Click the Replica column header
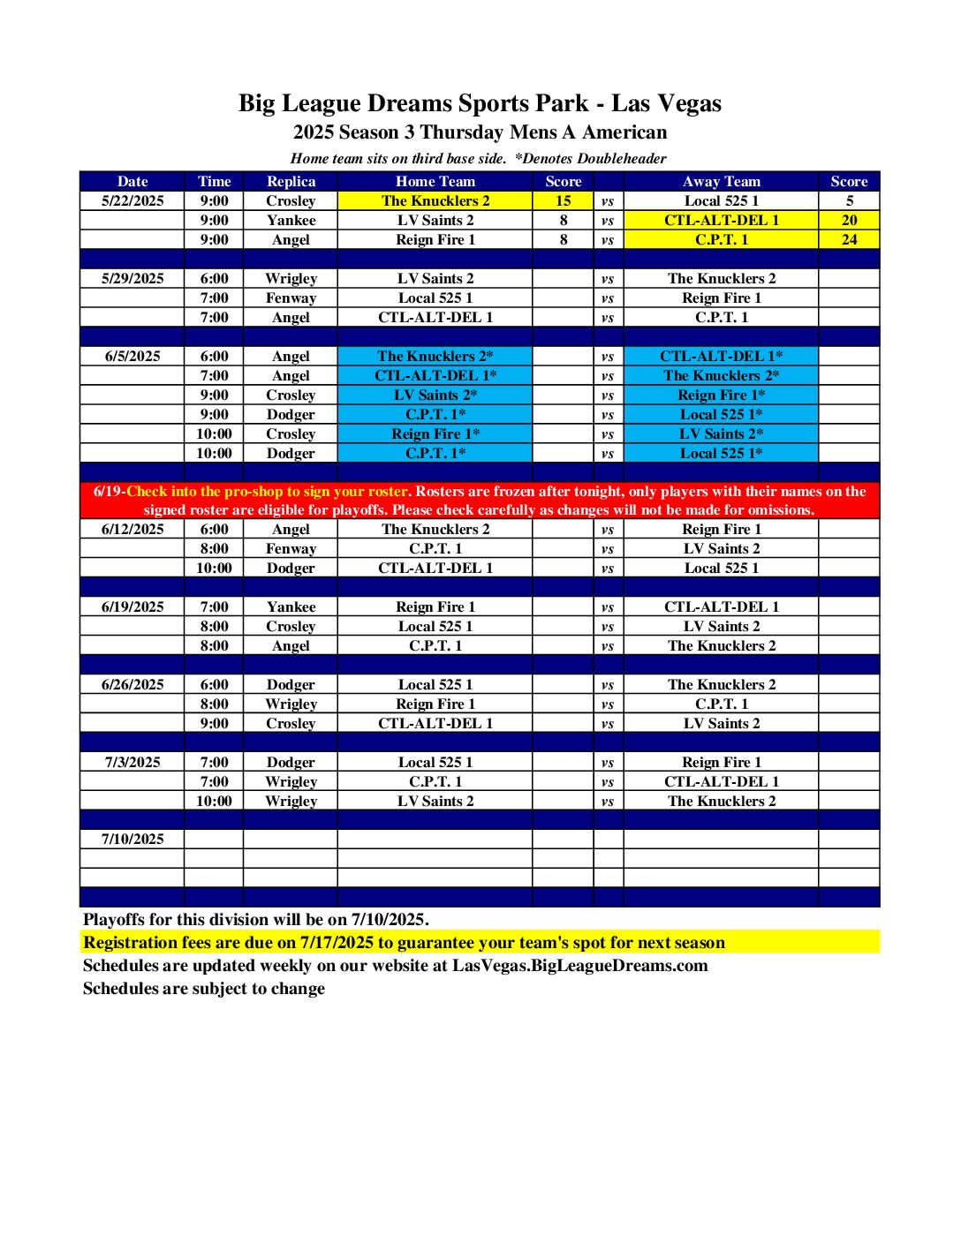pyautogui.click(x=291, y=181)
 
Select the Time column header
pyautogui.click(x=214, y=181)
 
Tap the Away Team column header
pyautogui.click(x=721, y=181)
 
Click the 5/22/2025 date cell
pyautogui.click(x=132, y=200)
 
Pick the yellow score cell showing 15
pyautogui.click(x=563, y=200)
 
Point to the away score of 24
pyautogui.click(x=849, y=239)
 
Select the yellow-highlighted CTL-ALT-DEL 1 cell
pyautogui.click(x=721, y=220)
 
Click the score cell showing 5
pyautogui.click(x=849, y=200)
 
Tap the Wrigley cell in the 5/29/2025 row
pyautogui.click(x=291, y=278)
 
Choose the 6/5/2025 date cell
pyautogui.click(x=132, y=356)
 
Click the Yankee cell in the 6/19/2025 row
pyautogui.click(x=291, y=606)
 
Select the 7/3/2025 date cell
pyautogui.click(x=132, y=762)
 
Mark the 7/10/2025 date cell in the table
pyautogui.click(x=132, y=839)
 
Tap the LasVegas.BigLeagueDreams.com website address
pyautogui.click(x=579, y=965)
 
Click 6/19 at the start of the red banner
pyautogui.click(x=108, y=492)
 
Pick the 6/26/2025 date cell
pyautogui.click(x=132, y=684)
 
